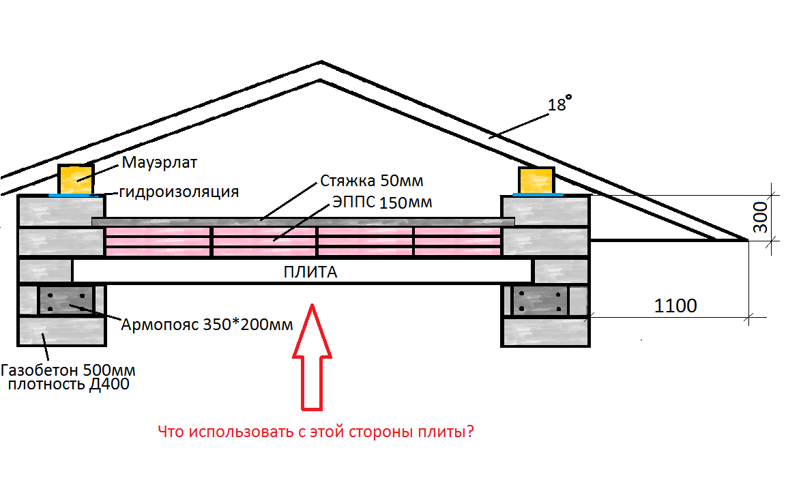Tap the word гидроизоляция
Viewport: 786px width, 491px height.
pos(179,192)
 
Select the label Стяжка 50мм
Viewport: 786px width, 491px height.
pos(372,181)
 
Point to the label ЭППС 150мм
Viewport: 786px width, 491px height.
pos(382,202)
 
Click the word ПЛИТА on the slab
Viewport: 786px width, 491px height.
pos(310,273)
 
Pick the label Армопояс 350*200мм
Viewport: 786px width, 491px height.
pos(207,325)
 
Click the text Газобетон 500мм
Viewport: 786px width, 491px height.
pos(68,371)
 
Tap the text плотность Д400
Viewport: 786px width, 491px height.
pos(68,385)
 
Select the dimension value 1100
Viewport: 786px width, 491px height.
pos(675,306)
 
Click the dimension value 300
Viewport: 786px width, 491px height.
pos(761,217)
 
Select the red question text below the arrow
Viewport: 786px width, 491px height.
pos(316,432)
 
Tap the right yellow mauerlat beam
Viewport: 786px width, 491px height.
pos(537,180)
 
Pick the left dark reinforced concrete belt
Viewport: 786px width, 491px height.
pos(65,301)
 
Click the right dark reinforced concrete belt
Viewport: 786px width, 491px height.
pos(540,301)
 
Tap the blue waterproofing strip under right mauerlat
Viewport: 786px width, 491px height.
pos(538,194)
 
